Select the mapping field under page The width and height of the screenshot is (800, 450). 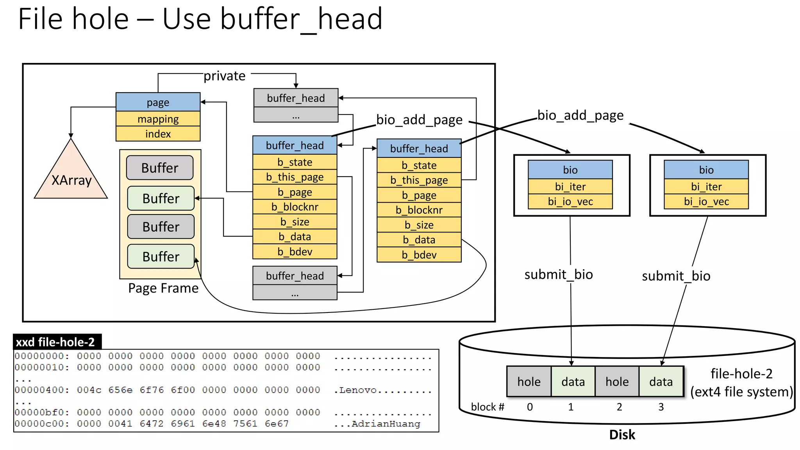pos(158,119)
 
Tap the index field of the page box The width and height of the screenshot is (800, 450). pos(158,134)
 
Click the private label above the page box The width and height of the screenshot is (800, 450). pos(224,76)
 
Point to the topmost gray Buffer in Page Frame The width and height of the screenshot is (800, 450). pos(160,168)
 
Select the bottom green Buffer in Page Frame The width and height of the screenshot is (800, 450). pos(161,257)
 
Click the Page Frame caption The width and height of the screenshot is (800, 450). pos(163,288)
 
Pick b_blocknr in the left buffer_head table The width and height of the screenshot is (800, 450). pos(295,207)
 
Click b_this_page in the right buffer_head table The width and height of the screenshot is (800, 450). pos(419,180)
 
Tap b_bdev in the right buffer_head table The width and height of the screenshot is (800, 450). pos(419,255)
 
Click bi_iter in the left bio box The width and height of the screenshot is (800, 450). pos(570,187)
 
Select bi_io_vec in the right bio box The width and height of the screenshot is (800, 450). pos(706,202)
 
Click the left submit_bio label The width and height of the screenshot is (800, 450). pos(558,275)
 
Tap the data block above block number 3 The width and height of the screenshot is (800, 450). pos(661,382)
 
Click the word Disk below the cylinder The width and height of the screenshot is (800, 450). pos(622,435)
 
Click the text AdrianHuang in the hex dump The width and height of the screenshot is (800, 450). pos(386,424)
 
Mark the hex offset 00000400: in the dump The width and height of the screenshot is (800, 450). pos(42,390)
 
